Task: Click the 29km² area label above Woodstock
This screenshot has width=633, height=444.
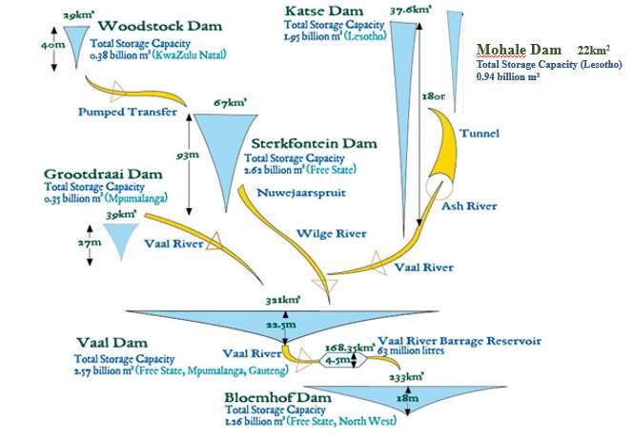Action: tap(73, 16)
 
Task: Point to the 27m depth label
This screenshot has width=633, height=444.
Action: tap(91, 244)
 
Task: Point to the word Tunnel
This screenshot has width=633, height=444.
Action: tap(478, 133)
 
